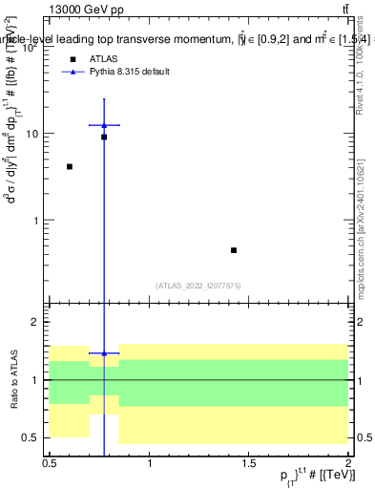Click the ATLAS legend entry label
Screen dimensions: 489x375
(103, 59)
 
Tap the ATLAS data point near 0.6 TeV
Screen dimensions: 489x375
(70, 166)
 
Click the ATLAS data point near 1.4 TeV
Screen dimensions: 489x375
(234, 250)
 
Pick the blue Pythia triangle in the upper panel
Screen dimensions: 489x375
(104, 125)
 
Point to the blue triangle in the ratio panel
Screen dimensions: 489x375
(104, 353)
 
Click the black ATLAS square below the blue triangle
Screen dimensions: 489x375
(104, 138)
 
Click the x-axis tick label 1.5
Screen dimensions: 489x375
(249, 464)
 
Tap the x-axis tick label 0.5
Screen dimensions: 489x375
(50, 464)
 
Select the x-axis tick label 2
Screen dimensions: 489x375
(348, 464)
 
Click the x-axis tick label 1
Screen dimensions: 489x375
(150, 464)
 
